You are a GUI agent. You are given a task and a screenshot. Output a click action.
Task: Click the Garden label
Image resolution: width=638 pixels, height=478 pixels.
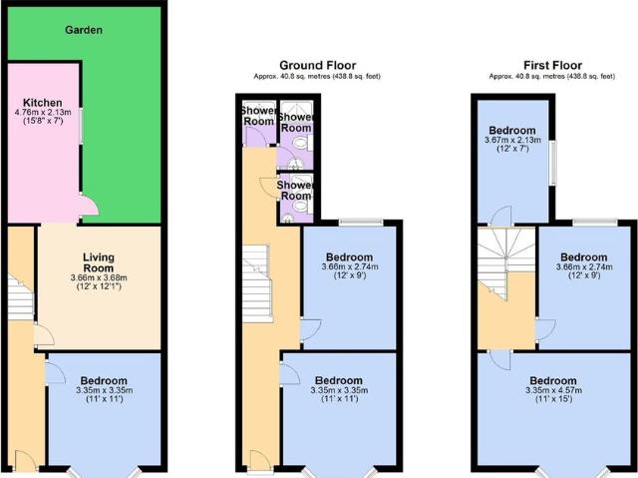click(84, 30)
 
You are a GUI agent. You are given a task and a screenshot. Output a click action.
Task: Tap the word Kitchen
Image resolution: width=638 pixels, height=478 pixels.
click(44, 102)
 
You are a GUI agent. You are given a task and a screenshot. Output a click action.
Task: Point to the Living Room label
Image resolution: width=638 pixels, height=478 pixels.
click(99, 263)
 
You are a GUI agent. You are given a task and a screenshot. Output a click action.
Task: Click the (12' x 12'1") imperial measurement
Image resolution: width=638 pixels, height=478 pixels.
click(99, 287)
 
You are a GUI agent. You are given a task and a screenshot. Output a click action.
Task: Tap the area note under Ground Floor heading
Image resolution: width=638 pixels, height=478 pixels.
click(318, 77)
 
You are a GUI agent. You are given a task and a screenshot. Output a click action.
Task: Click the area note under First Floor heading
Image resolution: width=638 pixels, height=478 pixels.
click(553, 77)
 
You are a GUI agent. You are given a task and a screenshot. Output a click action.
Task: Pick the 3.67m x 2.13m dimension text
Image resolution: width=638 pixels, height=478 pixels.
click(512, 142)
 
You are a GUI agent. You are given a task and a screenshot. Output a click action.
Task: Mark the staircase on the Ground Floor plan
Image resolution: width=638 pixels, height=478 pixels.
click(256, 279)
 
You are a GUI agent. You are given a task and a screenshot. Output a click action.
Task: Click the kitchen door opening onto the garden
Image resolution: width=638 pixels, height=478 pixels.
click(88, 208)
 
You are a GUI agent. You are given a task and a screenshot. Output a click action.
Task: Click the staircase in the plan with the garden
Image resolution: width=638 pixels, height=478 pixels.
click(19, 294)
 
